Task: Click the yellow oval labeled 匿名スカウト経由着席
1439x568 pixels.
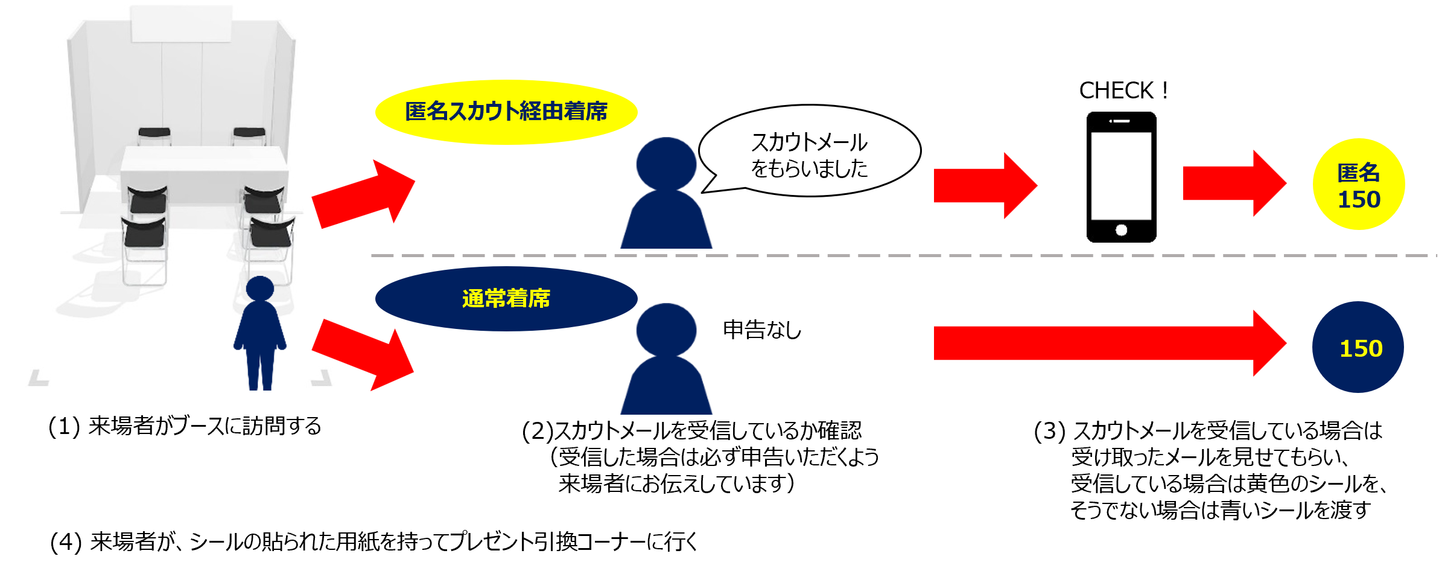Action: coord(506,112)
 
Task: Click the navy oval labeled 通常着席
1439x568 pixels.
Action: coord(506,299)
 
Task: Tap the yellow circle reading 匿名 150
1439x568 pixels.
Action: coord(1359,184)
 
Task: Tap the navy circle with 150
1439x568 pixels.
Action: coord(1358,347)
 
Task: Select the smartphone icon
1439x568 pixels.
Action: coord(1121,177)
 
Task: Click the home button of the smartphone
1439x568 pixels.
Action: coord(1121,230)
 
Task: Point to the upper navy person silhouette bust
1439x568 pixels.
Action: coord(666,193)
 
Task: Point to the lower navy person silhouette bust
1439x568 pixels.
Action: coord(666,359)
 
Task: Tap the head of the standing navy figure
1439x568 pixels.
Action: coord(260,288)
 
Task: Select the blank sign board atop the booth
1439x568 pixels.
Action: coord(181,24)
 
